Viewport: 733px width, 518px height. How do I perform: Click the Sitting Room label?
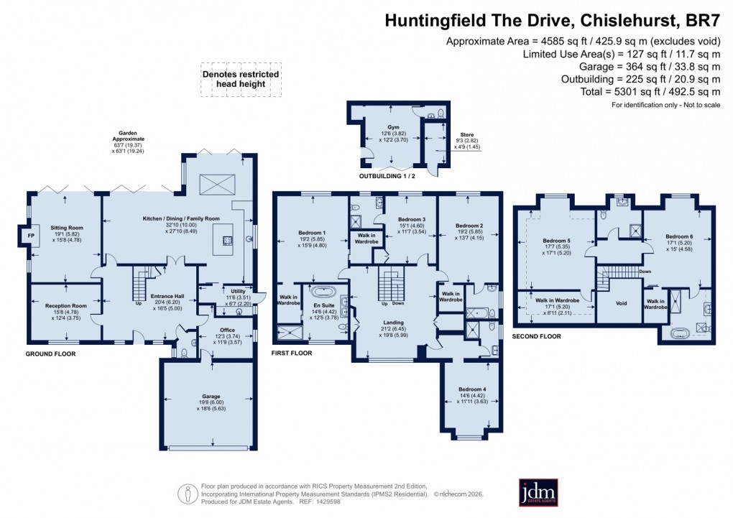tap(66, 228)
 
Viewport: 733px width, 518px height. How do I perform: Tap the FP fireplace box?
tap(31, 235)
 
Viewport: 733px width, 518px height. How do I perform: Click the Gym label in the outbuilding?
tap(392, 127)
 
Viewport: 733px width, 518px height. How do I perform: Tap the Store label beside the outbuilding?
tap(467, 134)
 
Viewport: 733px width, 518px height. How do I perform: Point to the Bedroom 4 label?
tap(473, 391)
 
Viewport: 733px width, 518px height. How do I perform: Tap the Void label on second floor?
tap(622, 303)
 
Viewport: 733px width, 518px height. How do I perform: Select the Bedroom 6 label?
tap(679, 236)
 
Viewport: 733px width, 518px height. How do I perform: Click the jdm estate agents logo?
tap(538, 493)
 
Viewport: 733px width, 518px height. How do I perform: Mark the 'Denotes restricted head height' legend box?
tap(241, 79)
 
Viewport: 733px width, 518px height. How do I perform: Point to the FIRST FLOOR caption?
tap(292, 354)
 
